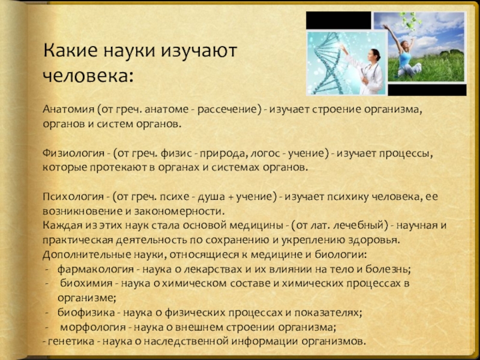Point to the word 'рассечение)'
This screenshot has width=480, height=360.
click(236, 111)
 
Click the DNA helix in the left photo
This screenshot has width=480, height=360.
click(328, 63)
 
